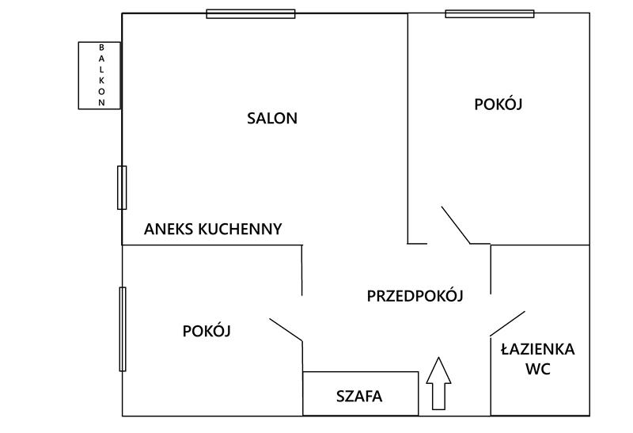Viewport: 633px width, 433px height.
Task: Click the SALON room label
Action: pos(272,119)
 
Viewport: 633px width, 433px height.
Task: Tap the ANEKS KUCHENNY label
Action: pos(213,229)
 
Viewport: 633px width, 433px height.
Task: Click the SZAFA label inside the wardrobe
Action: pos(359,397)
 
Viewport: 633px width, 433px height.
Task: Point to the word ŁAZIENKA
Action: pos(538,348)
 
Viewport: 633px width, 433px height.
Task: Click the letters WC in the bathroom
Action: pos(538,368)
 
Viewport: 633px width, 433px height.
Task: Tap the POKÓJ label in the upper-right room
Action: pos(498,104)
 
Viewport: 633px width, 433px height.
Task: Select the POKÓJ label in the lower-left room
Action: pos(207,330)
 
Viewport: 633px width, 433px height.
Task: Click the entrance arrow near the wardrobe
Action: pos(438,383)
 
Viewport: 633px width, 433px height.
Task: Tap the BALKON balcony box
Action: pos(100,75)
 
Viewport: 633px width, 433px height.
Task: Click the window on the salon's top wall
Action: pos(251,13)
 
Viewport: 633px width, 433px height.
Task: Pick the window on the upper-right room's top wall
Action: pos(490,13)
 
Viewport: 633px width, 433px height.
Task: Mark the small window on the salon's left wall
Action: pos(122,188)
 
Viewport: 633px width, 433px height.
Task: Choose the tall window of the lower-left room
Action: pos(123,329)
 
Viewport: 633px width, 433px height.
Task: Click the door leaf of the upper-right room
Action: pos(456,225)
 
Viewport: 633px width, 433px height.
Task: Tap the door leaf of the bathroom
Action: pos(507,323)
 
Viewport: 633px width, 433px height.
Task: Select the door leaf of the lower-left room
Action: pos(286,329)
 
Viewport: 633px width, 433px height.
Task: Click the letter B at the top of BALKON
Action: pos(101,47)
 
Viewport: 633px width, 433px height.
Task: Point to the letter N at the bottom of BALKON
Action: pos(101,103)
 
